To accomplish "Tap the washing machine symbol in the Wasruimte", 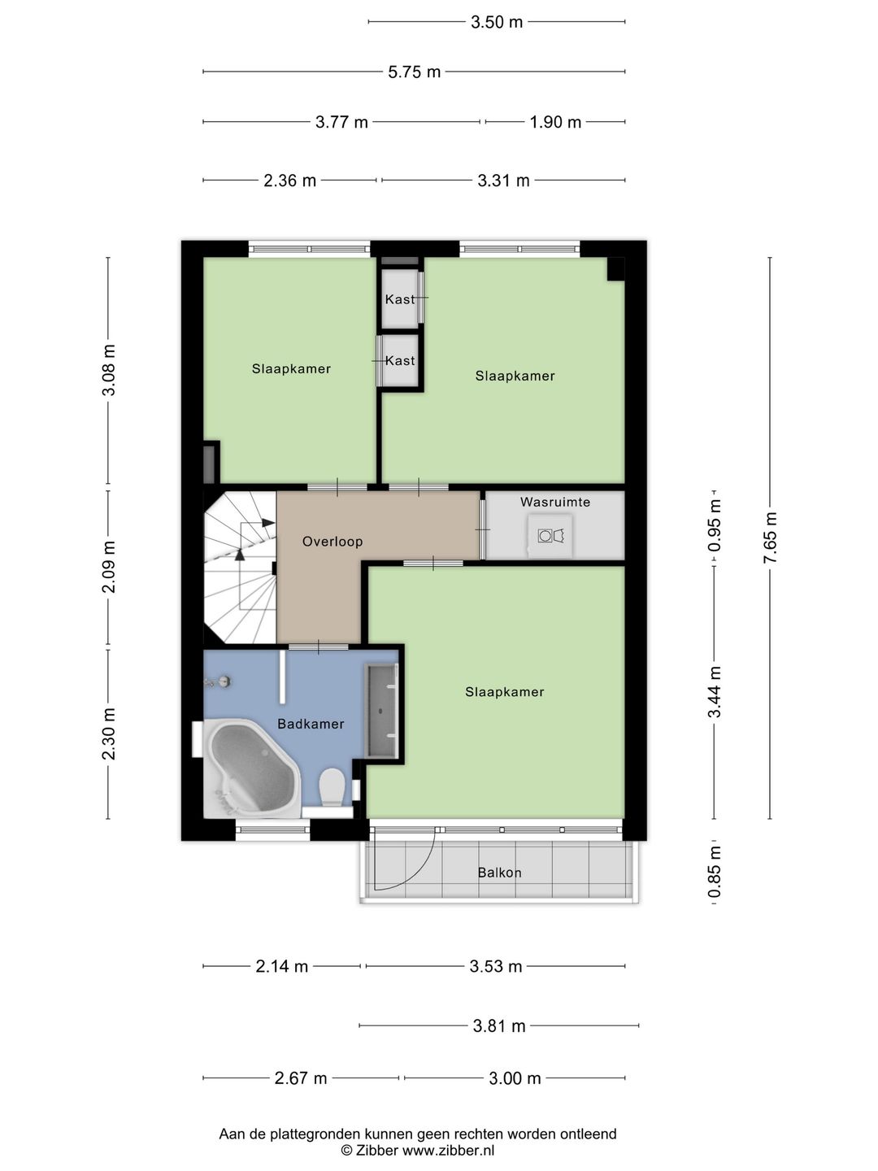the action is point(550,536).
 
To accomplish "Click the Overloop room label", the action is point(333,542).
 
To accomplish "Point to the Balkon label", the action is point(499,873).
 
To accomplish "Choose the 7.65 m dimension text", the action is point(770,538).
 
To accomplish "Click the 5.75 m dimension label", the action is point(415,72).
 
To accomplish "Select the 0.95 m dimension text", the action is point(715,525).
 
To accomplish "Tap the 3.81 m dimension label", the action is point(499,1026).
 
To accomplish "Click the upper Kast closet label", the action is point(400,299).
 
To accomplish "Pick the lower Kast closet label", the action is point(400,360).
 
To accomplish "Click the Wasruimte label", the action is point(555,502).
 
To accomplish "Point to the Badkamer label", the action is point(311,724).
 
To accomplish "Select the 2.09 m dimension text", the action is point(109,567).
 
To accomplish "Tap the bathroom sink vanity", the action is point(382,710).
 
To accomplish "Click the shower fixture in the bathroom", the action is point(219,681).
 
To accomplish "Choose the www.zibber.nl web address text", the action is point(448,1150).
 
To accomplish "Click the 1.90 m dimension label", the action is point(555,122).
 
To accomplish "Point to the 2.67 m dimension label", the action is point(301,1078).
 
